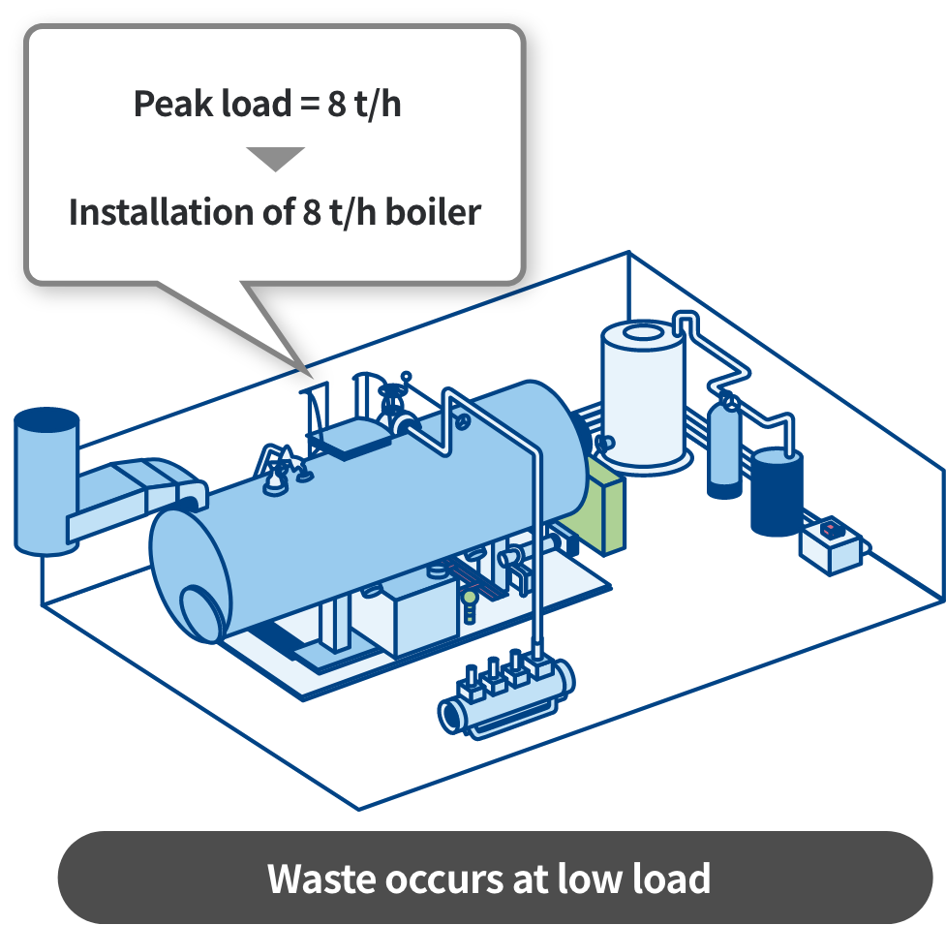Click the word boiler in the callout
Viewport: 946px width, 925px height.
point(433,212)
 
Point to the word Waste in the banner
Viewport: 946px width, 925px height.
point(320,879)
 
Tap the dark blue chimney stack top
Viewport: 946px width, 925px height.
point(46,420)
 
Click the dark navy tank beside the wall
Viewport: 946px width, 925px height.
point(778,489)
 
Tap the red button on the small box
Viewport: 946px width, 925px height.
point(830,530)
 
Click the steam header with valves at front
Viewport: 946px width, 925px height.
point(505,692)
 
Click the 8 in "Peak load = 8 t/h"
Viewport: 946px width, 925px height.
point(336,104)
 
